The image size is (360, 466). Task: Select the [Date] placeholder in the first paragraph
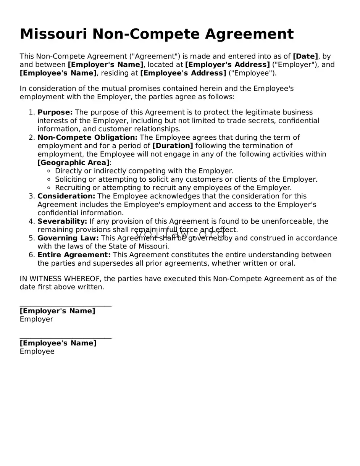click(x=305, y=56)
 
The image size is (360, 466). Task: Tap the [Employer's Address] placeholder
click(x=228, y=64)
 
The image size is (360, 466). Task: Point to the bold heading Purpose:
click(x=55, y=112)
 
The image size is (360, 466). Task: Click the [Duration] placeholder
click(x=173, y=146)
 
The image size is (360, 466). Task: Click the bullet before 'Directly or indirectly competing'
click(x=49, y=171)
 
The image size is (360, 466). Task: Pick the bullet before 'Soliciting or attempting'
click(x=49, y=179)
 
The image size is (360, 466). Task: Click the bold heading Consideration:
click(x=66, y=196)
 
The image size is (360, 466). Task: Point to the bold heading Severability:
click(x=62, y=221)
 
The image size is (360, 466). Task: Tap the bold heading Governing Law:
click(x=68, y=238)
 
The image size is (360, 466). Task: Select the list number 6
click(x=32, y=255)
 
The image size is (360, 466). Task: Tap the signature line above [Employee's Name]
click(x=65, y=338)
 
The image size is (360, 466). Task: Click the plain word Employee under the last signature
click(x=37, y=352)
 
